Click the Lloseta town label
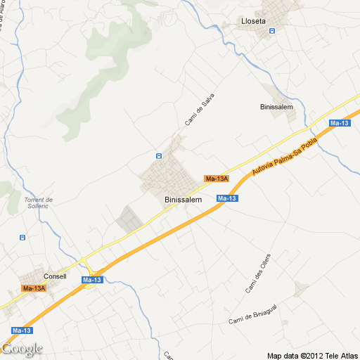pos(253,21)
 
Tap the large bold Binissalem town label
pos(183,200)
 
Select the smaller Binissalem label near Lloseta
pos(276,108)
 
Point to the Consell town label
pos(55,276)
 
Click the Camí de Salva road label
pos(199,110)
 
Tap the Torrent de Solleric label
pos(39,202)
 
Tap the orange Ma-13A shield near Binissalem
pos(217,179)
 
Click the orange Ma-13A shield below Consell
pos(34,288)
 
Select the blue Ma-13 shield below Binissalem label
pos(226,198)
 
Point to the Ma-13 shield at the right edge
pos(339,124)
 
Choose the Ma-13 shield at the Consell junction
pos(92,280)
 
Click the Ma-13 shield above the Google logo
pos(22,330)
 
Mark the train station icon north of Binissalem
pos(159,155)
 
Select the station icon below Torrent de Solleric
pos(22,237)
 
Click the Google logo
pos(22,348)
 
